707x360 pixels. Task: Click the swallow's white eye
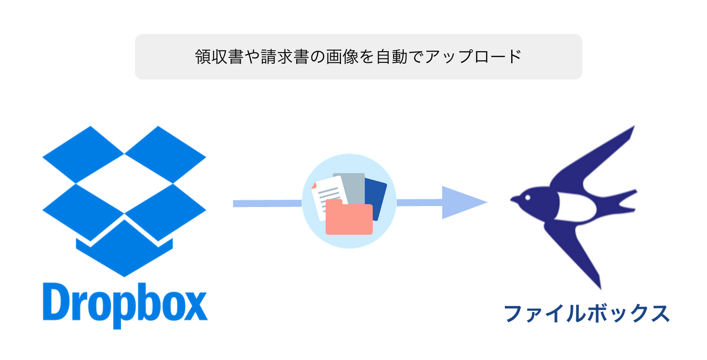coord(528,197)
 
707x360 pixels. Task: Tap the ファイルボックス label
coord(586,314)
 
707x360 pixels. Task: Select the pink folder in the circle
coord(349,220)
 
